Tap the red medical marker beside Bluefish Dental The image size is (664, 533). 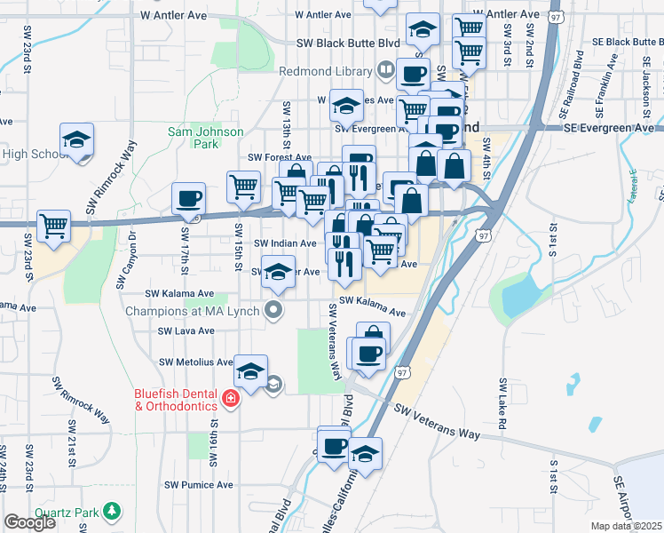(231, 399)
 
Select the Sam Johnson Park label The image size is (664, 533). (194, 138)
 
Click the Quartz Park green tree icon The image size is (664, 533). (112, 511)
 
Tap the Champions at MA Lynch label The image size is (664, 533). (193, 311)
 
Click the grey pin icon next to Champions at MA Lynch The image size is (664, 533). (274, 311)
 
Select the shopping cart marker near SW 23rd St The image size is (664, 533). (54, 226)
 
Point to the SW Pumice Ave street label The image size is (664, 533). (199, 485)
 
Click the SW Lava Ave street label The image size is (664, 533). (186, 330)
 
